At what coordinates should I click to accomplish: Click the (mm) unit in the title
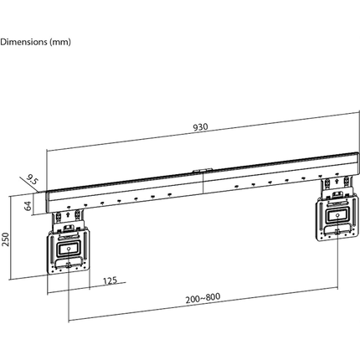coord(61,41)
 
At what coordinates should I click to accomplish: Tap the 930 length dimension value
coord(200,128)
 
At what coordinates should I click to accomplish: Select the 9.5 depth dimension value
coord(33,179)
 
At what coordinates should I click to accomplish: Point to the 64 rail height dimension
coord(28,204)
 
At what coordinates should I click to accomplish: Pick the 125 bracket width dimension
coord(110,281)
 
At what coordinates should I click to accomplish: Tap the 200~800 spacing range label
coord(203,297)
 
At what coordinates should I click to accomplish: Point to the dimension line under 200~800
coord(203,306)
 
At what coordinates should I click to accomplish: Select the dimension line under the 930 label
coord(200,134)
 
